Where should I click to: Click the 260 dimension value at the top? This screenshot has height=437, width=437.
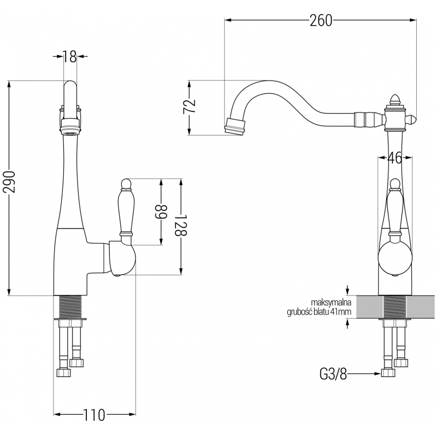pos(321,21)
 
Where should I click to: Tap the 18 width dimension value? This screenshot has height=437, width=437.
pos(69,56)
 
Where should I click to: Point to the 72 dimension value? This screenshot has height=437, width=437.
pos(188,107)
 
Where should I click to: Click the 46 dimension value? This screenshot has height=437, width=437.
pos(394,158)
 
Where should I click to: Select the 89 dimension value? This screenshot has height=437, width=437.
pos(161,211)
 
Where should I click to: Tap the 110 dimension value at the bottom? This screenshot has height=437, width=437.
pos(95,415)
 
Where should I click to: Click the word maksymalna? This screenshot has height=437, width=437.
pos(330,303)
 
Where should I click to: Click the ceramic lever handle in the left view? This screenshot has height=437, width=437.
pos(126,210)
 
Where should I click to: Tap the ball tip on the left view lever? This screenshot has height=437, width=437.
pos(125,182)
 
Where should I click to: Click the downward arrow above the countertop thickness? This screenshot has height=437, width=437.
pos(348,291)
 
